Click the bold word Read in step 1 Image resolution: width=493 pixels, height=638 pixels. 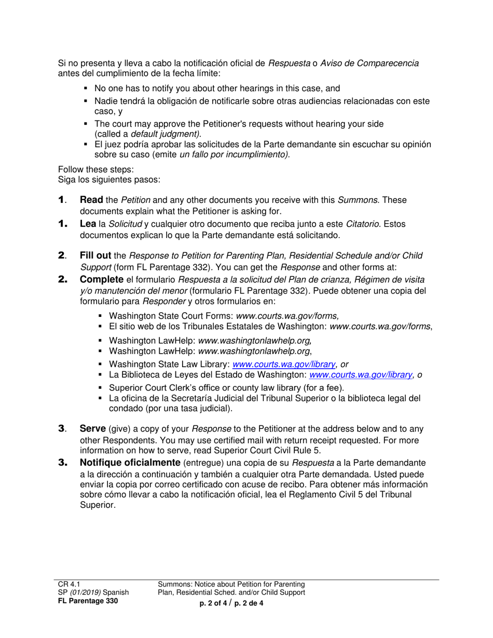[91, 200]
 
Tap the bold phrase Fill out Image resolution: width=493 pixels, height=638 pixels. [95, 255]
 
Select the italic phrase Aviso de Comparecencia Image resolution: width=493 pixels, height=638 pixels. [369, 63]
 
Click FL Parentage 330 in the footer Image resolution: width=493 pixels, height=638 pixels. [88, 601]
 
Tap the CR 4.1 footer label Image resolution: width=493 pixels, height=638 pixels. [68, 584]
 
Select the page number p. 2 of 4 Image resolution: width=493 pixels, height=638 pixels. [213, 603]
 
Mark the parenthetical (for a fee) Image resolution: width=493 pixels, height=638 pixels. [322, 387]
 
